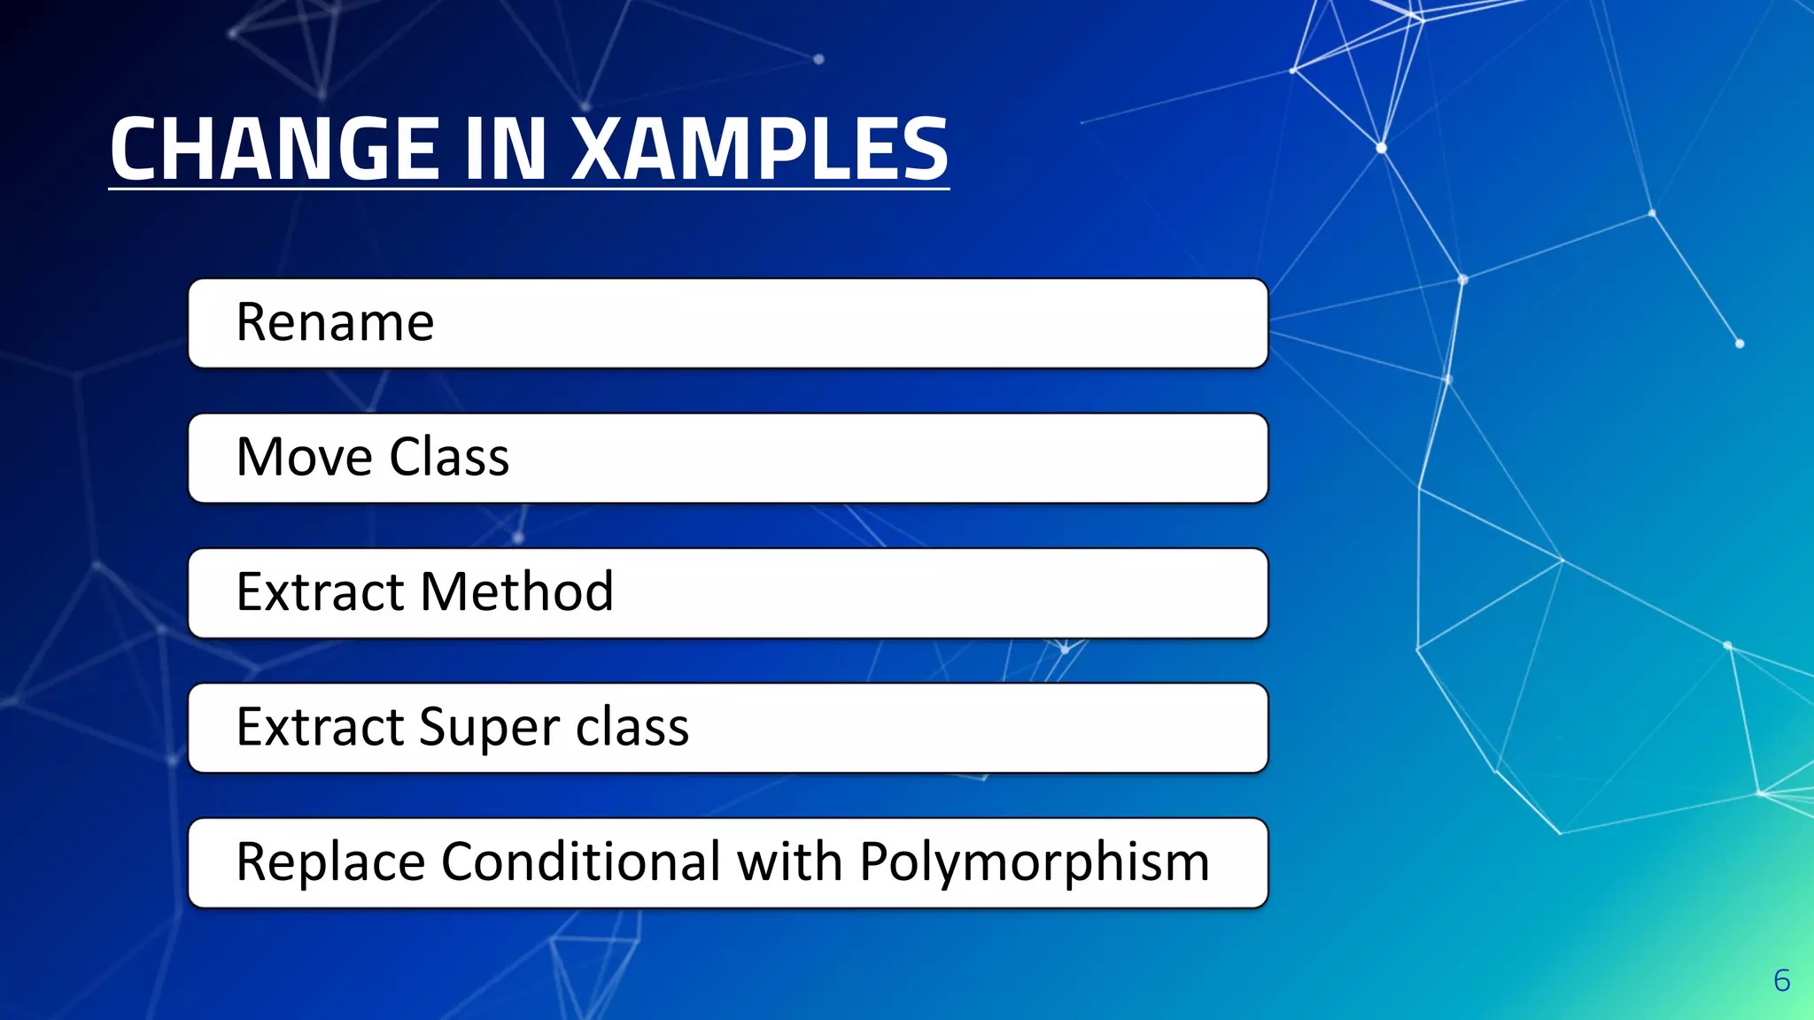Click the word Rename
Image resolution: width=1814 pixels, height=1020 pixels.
[335, 322]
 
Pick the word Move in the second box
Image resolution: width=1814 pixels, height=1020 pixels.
[304, 457]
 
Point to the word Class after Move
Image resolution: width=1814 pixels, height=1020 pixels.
[449, 457]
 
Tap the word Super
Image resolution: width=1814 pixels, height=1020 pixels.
[491, 728]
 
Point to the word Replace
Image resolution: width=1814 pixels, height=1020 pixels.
[330, 862]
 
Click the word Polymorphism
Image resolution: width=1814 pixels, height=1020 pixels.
[1034, 863]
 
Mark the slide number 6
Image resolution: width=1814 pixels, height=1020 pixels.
[1781, 980]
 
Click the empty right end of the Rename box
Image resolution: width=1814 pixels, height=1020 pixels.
[1151, 323]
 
